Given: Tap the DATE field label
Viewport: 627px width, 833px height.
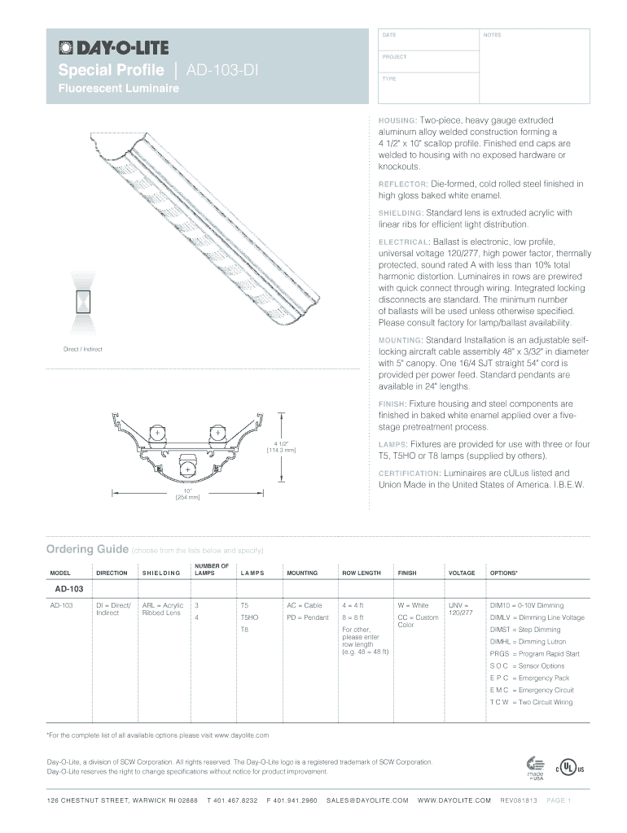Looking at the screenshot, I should pyautogui.click(x=388, y=36).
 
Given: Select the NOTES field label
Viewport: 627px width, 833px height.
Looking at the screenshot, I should pyautogui.click(x=492, y=36).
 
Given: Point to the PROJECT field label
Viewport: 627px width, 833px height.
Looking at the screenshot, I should pyautogui.click(x=393, y=58).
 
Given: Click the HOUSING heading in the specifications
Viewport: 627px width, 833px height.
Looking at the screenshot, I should pyautogui.click(x=398, y=120).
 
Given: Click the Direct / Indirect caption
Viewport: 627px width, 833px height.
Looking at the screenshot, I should pyautogui.click(x=83, y=350).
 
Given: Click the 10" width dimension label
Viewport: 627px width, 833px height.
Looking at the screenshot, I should pyautogui.click(x=187, y=492).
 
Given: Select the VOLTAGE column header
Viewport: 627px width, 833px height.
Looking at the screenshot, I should pyautogui.click(x=461, y=574).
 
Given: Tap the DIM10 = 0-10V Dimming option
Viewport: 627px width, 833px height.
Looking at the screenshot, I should pyautogui.click(x=526, y=606).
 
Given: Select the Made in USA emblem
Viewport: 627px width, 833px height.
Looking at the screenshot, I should pyautogui.click(x=535, y=768).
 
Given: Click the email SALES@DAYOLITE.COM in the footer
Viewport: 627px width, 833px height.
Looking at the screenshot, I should pyautogui.click(x=367, y=800).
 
